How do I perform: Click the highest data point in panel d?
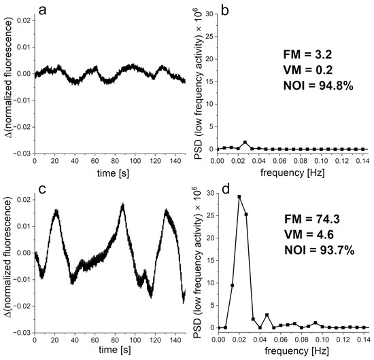coord(239,197)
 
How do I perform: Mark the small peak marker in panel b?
coord(245,143)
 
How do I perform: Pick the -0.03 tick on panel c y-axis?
coord(22,332)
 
